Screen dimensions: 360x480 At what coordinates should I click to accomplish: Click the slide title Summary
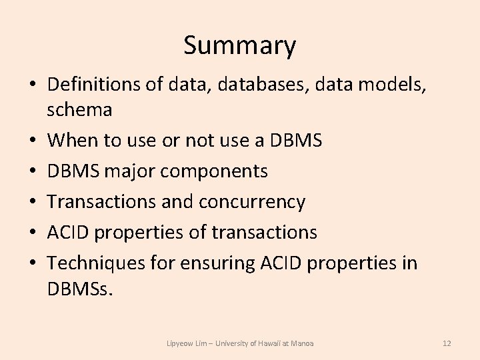tap(239, 46)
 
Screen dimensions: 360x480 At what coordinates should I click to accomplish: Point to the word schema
tap(79, 109)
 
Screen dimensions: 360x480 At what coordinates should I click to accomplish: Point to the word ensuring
tap(219, 263)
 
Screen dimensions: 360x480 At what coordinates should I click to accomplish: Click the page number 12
tap(447, 343)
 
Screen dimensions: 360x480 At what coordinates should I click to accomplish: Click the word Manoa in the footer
tap(304, 343)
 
